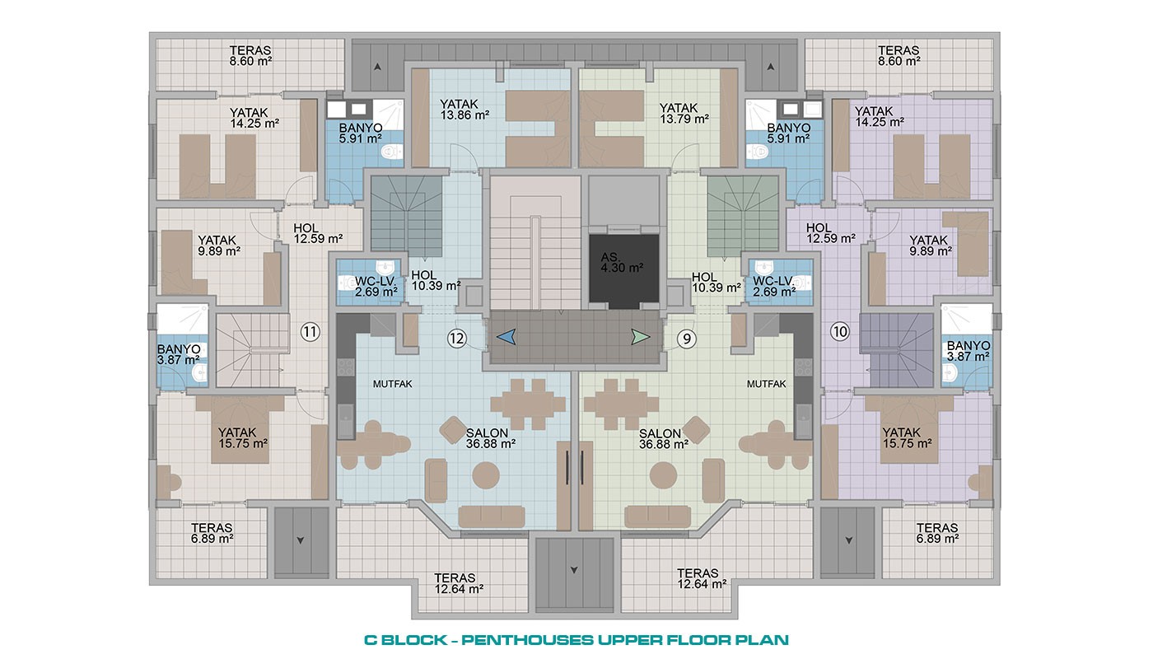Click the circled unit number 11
(310, 332)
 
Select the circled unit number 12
(456, 339)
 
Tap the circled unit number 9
(686, 339)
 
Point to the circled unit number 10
(840, 332)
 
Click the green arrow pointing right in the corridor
(641, 337)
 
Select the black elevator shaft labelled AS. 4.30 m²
(623, 269)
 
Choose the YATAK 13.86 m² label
(464, 110)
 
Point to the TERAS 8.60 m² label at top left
(250, 56)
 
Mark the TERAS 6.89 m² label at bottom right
(937, 534)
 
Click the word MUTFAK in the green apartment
(767, 384)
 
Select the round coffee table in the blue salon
(485, 475)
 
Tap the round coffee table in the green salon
(663, 475)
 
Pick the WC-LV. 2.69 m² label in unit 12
(376, 287)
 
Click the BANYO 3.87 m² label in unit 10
(969, 351)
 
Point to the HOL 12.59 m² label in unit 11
(318, 233)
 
